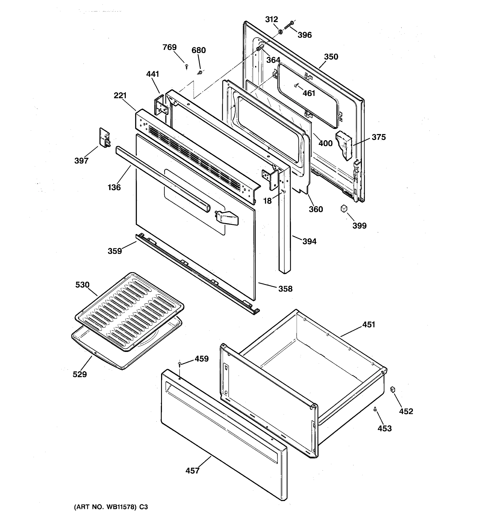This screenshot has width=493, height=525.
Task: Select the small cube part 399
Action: pyautogui.click(x=344, y=209)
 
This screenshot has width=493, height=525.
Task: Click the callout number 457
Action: pyautogui.click(x=192, y=471)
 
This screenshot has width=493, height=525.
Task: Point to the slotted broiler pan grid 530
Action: pyautogui.click(x=129, y=312)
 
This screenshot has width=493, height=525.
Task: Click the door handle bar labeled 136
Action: pyautogui.click(x=161, y=180)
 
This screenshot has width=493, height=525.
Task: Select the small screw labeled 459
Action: pyautogui.click(x=180, y=364)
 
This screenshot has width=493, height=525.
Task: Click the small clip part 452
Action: pyautogui.click(x=392, y=389)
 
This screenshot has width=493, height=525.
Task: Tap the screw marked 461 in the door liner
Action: pyautogui.click(x=296, y=85)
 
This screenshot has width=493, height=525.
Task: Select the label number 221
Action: pyautogui.click(x=120, y=95)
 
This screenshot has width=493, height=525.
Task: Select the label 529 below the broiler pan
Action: pyautogui.click(x=80, y=374)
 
